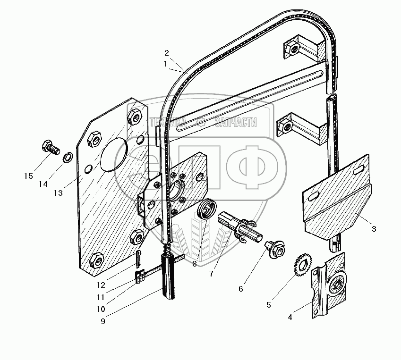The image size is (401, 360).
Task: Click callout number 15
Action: [x=28, y=176]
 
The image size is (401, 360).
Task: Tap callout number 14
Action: [x=43, y=184]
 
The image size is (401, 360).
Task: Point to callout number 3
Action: [x=374, y=229]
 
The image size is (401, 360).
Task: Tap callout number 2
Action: [x=166, y=52]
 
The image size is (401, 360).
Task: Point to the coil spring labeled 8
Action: [x=207, y=208]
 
